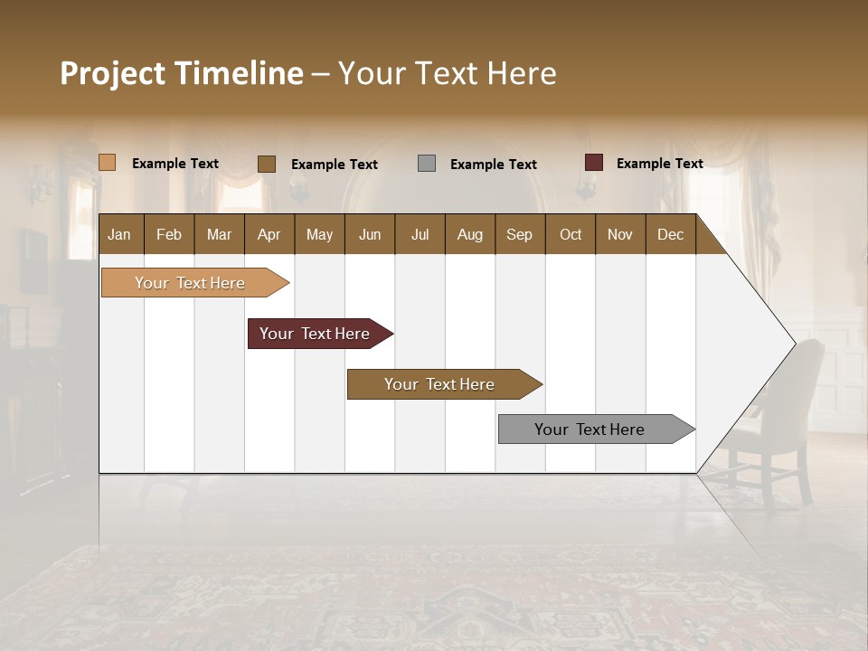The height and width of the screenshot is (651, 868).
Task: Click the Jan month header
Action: pyautogui.click(x=119, y=235)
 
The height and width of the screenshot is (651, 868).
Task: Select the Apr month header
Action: pyautogui.click(x=269, y=235)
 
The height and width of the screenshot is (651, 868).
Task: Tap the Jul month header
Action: pyautogui.click(x=420, y=235)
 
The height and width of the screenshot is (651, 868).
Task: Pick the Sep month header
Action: pyautogui.click(x=520, y=235)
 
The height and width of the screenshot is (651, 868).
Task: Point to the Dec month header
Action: pyautogui.click(x=670, y=235)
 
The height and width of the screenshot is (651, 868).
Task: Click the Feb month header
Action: pyautogui.click(x=169, y=235)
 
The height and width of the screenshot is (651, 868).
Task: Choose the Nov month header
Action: pyautogui.click(x=620, y=235)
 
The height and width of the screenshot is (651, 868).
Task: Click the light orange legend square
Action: pyautogui.click(x=107, y=163)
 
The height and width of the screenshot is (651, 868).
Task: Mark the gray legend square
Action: pyautogui.click(x=427, y=164)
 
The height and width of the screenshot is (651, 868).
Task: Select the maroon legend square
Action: pyautogui.click(x=593, y=163)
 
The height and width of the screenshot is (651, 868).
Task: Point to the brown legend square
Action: pyautogui.click(x=267, y=164)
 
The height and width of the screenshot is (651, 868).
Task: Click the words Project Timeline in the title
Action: pyautogui.click(x=181, y=73)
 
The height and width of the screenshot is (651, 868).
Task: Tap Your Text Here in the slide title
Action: pyautogui.click(x=447, y=73)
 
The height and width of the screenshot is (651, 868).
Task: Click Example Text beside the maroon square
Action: pyautogui.click(x=659, y=164)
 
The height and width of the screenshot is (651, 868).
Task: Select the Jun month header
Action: pyautogui.click(x=370, y=235)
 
